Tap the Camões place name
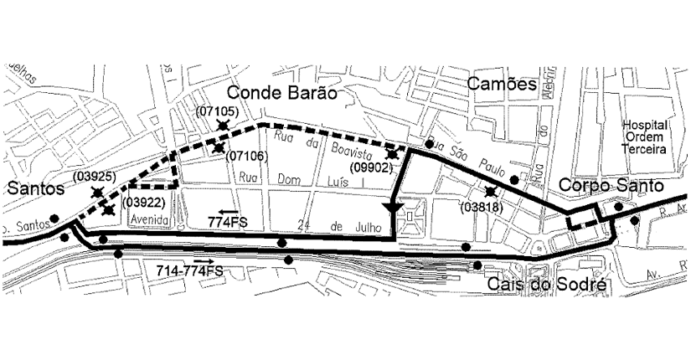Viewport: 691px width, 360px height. point(501,84)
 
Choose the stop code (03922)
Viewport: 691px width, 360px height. point(142,202)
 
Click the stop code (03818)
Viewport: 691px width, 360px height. point(479,207)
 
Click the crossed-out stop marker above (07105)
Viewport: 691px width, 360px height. point(223,125)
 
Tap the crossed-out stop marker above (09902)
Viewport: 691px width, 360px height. point(392,153)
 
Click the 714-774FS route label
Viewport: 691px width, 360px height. point(189,271)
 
